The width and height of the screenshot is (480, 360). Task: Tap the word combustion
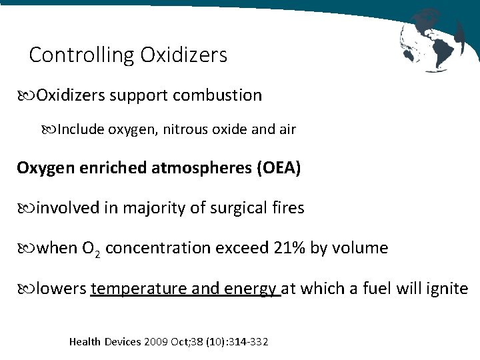tap(217, 95)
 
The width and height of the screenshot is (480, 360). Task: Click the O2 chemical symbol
tap(91, 249)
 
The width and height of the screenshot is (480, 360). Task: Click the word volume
tap(360, 248)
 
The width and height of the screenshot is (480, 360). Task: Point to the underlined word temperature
tap(139, 289)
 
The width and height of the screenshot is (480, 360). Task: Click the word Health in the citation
tap(85, 342)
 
